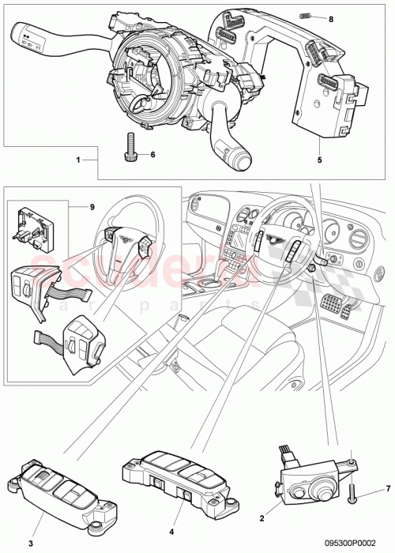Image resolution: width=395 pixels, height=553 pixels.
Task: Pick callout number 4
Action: pyautogui.click(x=171, y=521)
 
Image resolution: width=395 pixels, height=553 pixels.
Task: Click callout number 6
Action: pyautogui.click(x=152, y=155)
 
